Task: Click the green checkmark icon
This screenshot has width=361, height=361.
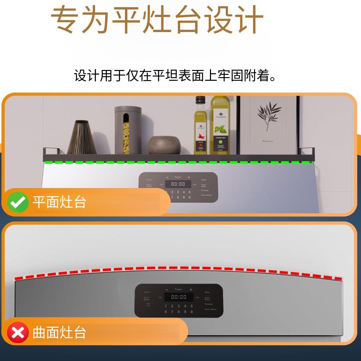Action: pos(18,202)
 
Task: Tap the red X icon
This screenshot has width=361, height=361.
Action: pos(18,333)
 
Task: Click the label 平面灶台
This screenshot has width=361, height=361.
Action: pos(59,202)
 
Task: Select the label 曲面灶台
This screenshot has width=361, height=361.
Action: pos(59,333)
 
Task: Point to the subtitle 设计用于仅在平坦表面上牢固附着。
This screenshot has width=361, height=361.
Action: pos(175,76)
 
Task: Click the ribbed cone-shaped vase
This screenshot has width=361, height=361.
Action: pos(82,138)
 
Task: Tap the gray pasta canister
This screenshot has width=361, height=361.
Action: pos(128,130)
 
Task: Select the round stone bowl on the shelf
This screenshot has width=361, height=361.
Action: pos(164,145)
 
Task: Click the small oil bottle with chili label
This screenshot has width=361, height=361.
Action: pos(200,128)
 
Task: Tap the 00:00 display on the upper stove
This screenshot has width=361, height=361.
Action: pos(178,184)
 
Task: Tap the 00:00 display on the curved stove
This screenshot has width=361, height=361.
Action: pos(179,297)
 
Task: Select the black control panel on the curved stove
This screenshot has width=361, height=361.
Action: pos(179,301)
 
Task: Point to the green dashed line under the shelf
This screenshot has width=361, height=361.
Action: pos(178,162)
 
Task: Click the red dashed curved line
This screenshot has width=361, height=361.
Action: pos(178,268)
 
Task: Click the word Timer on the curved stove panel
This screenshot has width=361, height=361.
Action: pos(179,289)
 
